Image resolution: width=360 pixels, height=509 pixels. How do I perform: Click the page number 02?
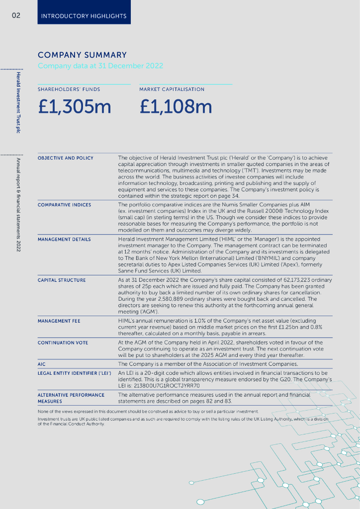point(16,16)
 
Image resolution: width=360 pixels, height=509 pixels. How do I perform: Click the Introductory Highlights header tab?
point(84,16)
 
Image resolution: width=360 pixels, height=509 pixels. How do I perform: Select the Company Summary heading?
point(82,55)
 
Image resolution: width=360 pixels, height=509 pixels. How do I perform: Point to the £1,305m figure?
point(75,107)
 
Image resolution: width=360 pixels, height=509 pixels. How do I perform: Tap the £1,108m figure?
point(176,107)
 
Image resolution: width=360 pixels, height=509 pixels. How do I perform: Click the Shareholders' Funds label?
point(69,89)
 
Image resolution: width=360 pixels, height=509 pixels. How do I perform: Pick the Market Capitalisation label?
point(172,89)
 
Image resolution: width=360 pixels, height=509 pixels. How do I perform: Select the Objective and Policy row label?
point(66,158)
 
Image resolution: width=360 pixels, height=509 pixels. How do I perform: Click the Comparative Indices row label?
point(65,205)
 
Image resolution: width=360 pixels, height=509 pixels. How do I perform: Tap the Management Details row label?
point(64,239)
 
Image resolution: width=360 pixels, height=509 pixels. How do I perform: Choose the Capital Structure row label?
point(62,280)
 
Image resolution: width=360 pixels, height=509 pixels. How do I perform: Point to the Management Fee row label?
point(59,321)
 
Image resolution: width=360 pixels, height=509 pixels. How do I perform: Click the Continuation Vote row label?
point(63,342)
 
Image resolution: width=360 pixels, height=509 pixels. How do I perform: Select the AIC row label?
point(42,364)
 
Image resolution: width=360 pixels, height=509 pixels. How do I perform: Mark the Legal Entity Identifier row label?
point(75,373)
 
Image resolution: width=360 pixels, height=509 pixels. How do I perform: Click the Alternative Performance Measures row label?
point(71,398)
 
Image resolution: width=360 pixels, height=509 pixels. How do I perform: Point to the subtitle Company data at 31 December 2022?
point(100,66)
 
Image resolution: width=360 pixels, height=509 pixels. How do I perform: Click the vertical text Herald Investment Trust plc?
point(18,102)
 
